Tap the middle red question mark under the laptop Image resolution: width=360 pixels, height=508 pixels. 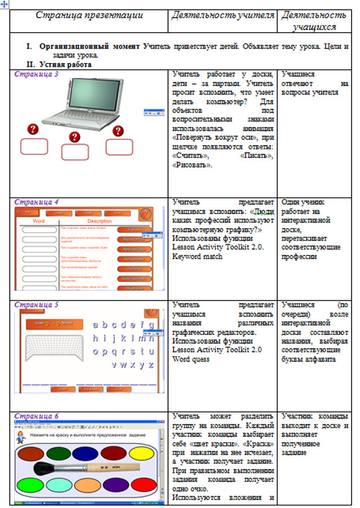pos(74,137)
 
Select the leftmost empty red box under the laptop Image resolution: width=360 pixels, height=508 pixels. pos(34,146)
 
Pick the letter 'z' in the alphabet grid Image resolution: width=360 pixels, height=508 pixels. pos(150,365)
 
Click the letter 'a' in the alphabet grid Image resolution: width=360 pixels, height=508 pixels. pos(96,325)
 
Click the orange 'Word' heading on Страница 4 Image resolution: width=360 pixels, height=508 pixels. pos(38,221)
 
